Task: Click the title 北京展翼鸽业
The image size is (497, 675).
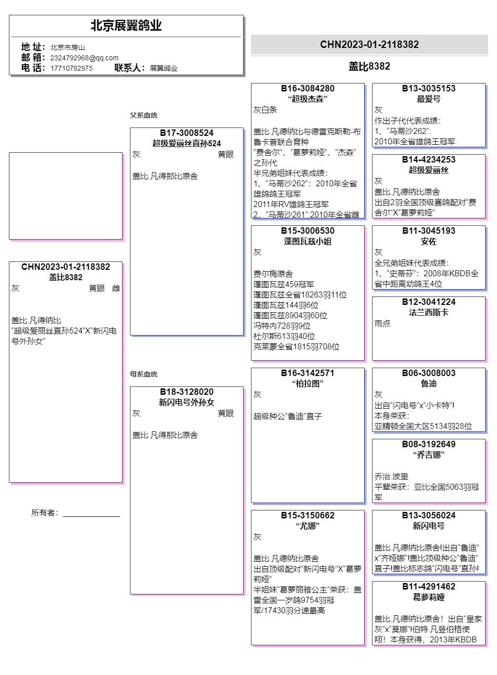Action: pos(126,26)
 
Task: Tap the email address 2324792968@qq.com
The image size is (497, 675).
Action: pos(84,58)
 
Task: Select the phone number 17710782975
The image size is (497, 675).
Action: pos(71,68)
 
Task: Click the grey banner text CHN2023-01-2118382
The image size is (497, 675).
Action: pos(369,44)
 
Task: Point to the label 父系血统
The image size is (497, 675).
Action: pos(143,115)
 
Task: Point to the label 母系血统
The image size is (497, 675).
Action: pos(143,374)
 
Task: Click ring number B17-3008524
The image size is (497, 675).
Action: pos(187,133)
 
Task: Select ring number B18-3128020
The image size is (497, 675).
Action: pos(187,392)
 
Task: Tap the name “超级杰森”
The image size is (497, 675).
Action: pos(307,99)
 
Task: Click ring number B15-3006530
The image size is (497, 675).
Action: pos(307,231)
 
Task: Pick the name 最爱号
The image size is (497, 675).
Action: pos(428,99)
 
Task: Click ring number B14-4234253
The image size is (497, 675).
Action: pos(428,160)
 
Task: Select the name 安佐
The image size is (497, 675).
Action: pos(428,241)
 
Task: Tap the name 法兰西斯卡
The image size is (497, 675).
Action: pos(428,312)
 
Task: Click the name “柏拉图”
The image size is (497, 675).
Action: pos(307,383)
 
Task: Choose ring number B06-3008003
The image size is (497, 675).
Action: pos(428,373)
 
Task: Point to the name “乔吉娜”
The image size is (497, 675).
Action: pos(428,455)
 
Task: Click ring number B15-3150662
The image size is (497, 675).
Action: pos(307,515)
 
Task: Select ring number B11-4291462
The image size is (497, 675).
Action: pos(428,587)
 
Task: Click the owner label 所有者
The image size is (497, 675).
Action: pos(44,513)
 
